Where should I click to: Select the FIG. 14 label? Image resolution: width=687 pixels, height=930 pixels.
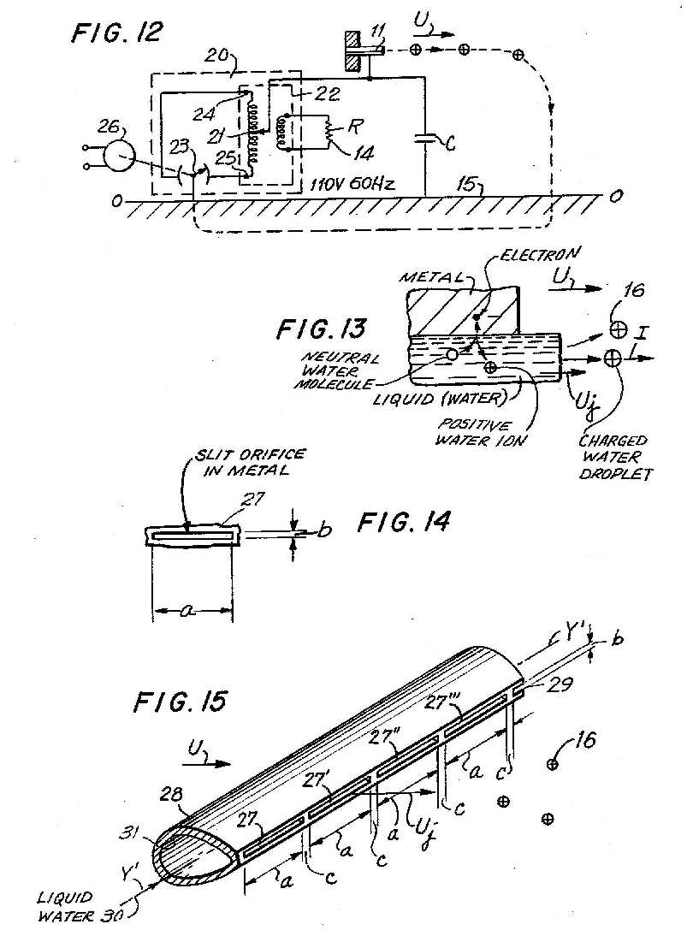pos(404,522)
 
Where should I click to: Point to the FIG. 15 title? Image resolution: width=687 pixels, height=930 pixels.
pos(181,702)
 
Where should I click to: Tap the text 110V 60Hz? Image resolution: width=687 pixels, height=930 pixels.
pos(352,184)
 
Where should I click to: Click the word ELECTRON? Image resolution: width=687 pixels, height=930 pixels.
pos(539,254)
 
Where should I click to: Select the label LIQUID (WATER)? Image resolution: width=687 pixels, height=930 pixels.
pos(440,398)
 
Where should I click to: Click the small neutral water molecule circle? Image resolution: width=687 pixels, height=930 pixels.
pos(452,354)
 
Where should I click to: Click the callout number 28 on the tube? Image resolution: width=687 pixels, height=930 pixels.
pos(170,794)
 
